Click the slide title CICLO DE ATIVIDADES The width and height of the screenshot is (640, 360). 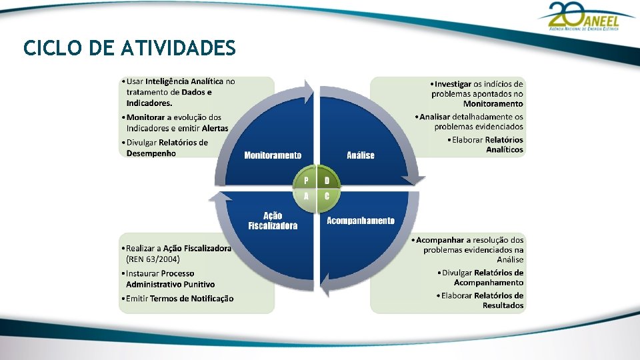click(129, 49)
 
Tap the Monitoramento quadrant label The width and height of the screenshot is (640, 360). click(273, 155)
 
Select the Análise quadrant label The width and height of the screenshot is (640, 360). click(361, 155)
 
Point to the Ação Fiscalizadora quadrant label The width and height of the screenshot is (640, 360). click(273, 221)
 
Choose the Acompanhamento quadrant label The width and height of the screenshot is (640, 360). click(360, 221)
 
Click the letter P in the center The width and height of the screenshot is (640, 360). click(306, 181)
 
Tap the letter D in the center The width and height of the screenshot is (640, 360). click(327, 181)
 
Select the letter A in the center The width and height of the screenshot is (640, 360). click(306, 197)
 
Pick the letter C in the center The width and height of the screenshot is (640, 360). click(327, 197)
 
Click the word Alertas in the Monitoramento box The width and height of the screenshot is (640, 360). click(215, 129)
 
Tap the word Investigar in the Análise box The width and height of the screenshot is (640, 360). click(453, 84)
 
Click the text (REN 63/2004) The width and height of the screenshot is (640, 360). click(153, 259)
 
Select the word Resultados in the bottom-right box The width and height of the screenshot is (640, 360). click(503, 306)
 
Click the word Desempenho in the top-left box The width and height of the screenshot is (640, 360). click(151, 153)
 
